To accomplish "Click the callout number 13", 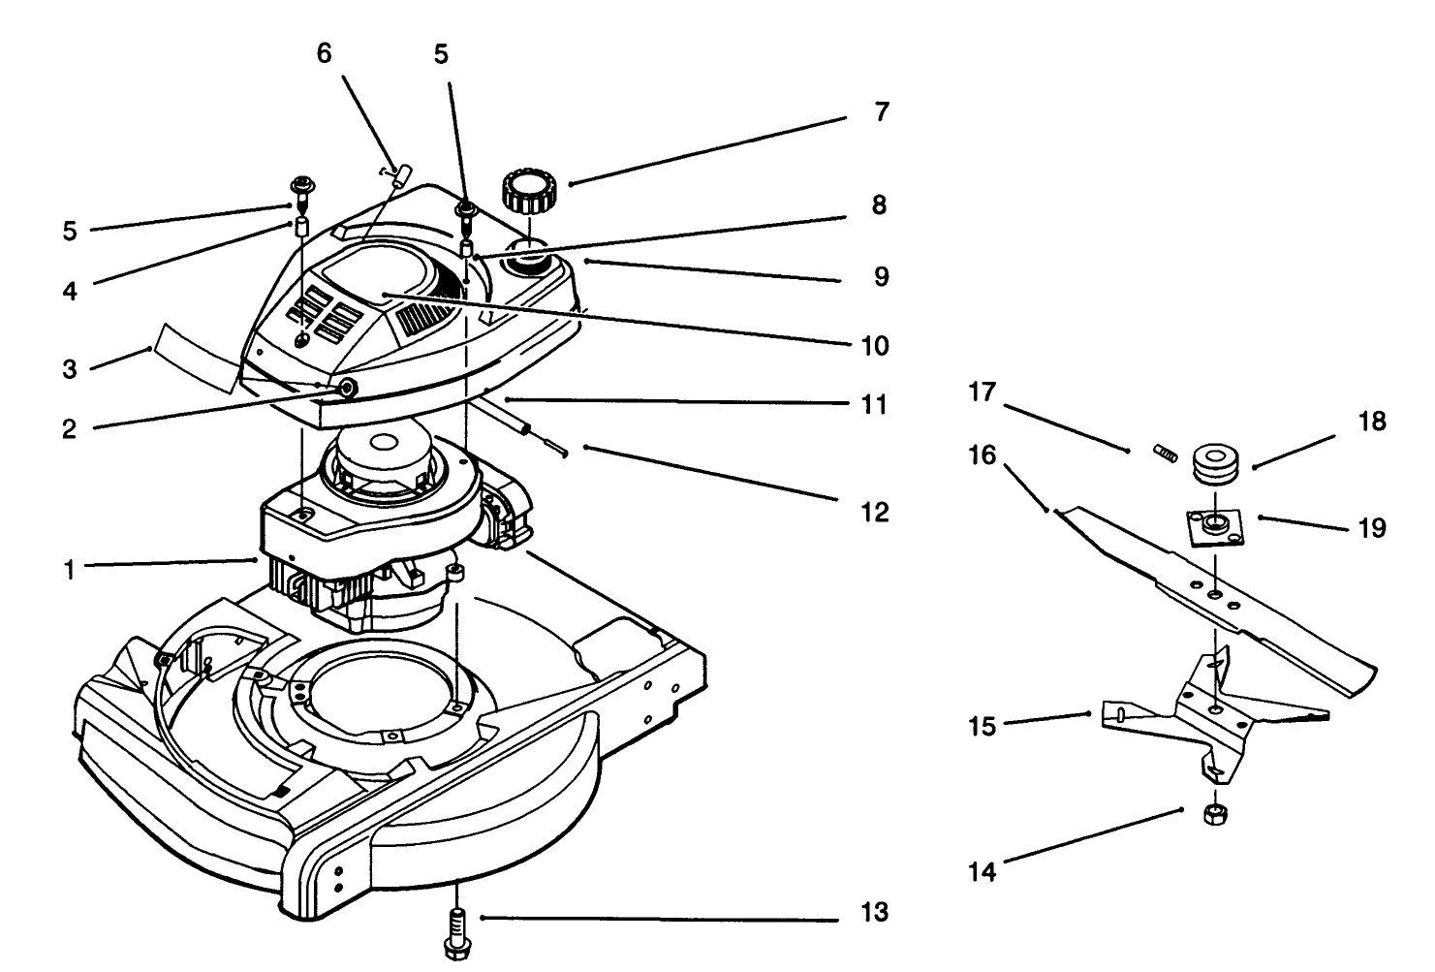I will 874,913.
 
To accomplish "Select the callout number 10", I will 874,346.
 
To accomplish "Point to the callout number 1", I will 69,571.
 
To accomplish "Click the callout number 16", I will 983,455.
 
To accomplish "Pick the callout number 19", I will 1372,528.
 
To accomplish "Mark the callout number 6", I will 324,54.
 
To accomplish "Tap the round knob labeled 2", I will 346,389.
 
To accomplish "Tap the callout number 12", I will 874,512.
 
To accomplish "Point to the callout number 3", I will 69,369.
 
